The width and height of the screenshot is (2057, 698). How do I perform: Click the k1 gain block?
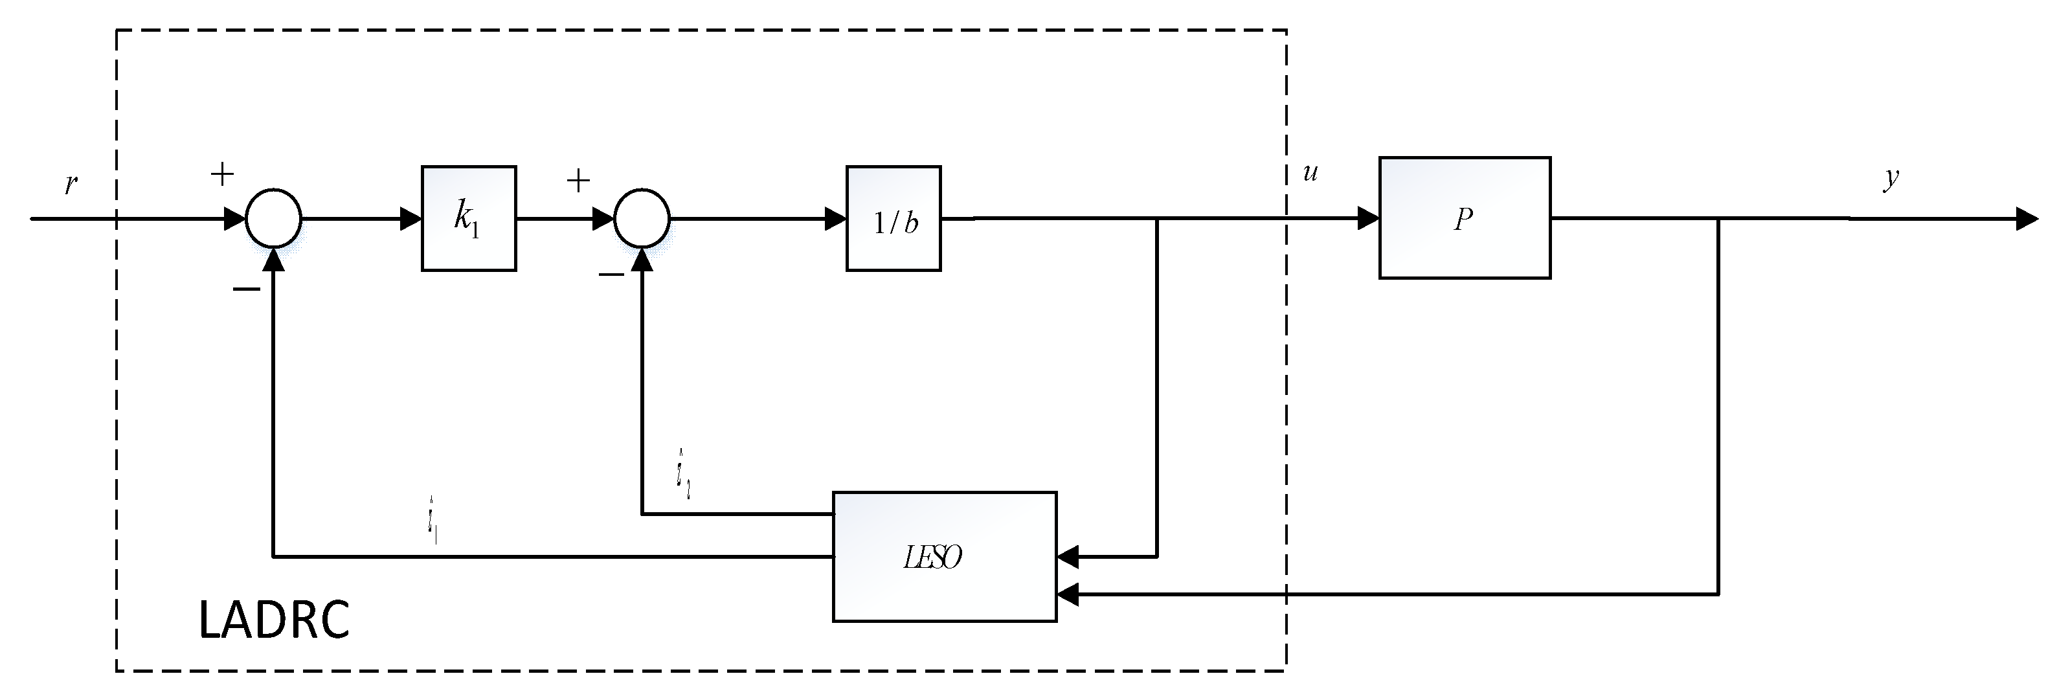point(469,218)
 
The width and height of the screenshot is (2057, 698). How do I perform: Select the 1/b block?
point(894,219)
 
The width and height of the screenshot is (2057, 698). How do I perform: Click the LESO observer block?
point(944,557)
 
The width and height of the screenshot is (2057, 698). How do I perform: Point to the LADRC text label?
point(274,620)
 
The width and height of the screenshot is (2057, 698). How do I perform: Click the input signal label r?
point(71,184)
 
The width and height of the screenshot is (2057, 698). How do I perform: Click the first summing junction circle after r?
point(273,218)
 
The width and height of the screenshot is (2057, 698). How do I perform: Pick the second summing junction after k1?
point(642,218)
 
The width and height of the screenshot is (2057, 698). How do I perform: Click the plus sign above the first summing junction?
point(222,174)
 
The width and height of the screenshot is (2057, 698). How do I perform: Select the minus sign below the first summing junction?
point(246,289)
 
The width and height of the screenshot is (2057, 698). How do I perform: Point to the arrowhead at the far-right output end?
point(2027,218)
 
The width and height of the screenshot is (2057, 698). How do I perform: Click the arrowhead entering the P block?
point(1368,218)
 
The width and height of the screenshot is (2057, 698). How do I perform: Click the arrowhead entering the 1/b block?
point(835,218)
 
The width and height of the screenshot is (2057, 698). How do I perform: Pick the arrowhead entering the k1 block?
point(410,218)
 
